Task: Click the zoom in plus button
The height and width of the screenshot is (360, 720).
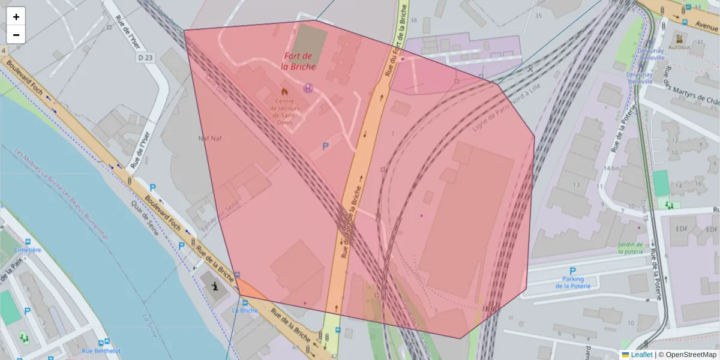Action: click(16, 17)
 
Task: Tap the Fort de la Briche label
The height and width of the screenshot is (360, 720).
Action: click(299, 61)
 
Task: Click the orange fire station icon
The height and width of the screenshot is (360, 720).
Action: click(285, 92)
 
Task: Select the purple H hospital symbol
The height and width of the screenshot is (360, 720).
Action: click(308, 88)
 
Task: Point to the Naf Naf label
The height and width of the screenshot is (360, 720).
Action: click(210, 139)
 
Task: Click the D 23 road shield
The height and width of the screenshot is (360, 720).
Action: click(145, 58)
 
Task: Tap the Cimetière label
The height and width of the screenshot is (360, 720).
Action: click(27, 250)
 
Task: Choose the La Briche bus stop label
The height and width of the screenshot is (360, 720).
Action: click(245, 310)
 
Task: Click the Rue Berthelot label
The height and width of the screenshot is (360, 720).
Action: click(101, 351)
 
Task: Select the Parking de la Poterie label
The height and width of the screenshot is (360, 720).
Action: click(573, 283)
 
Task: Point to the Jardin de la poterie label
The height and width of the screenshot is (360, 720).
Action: click(631, 248)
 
